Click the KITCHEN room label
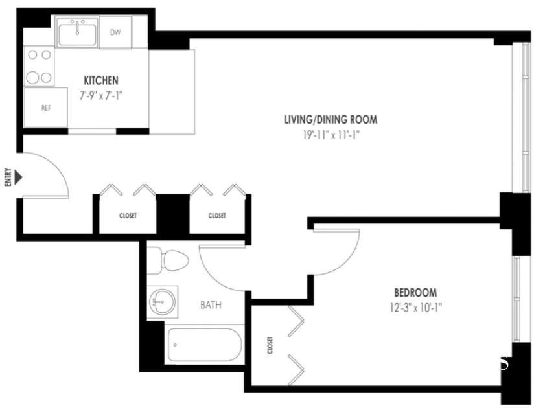tap(101, 80)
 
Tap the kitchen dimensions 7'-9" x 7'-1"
tap(101, 95)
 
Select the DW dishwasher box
tap(115, 32)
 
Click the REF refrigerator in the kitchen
tap(46, 108)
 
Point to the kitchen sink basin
tap(77, 34)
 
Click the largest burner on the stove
tap(32, 78)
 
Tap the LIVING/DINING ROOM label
tap(330, 120)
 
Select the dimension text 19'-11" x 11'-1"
tap(330, 135)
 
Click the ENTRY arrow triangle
tap(18, 177)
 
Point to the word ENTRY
tap(8, 177)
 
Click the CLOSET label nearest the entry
tap(128, 216)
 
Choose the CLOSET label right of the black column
tap(217, 216)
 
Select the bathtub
tap(204, 345)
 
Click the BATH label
tap(211, 304)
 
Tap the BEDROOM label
tap(415, 293)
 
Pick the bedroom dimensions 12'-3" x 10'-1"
tap(415, 308)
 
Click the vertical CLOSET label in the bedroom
tap(270, 345)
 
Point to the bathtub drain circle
tap(175, 345)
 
